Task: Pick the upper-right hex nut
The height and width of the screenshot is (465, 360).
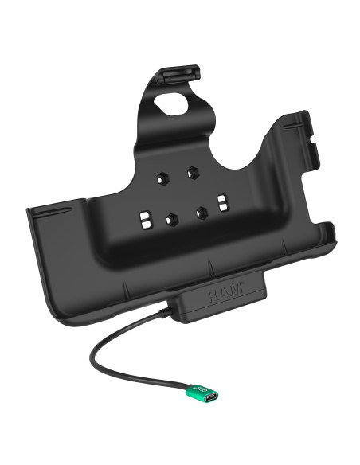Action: click(x=193, y=171)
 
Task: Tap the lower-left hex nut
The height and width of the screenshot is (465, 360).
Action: click(x=170, y=220)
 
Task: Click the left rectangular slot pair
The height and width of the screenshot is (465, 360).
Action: click(x=144, y=220)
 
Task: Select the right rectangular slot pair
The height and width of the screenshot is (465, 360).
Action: click(x=223, y=203)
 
